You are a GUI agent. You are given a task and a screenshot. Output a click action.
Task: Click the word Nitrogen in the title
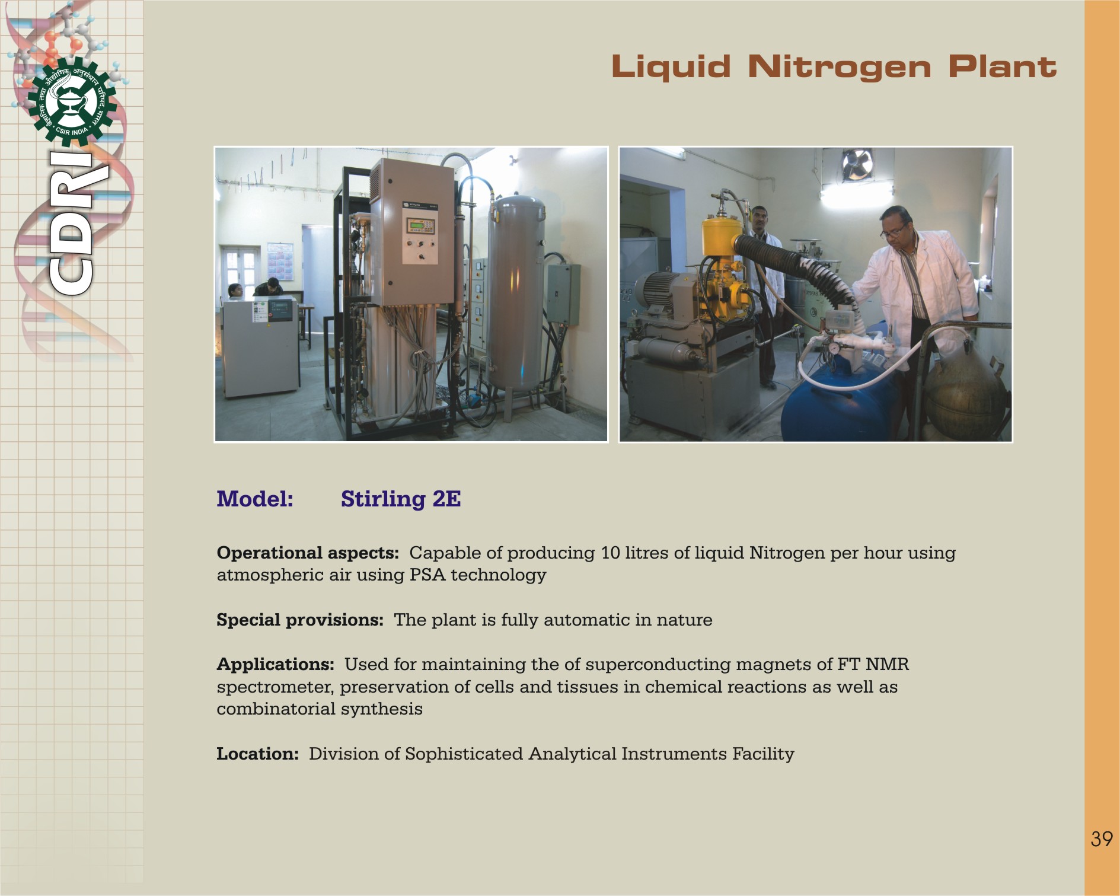[x=839, y=67]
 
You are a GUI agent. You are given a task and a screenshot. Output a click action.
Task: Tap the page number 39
[x=1101, y=838]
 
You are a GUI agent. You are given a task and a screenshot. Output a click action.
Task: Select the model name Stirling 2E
[x=401, y=499]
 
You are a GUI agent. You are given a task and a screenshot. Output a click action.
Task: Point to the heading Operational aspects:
[x=308, y=553]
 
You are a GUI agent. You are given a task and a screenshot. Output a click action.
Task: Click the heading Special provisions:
[x=300, y=620]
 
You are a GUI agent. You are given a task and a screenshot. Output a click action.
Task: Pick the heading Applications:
[x=276, y=664]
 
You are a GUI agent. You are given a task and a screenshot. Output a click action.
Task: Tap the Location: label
[x=258, y=754]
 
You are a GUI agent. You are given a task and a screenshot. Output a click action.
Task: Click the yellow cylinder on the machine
[x=722, y=237]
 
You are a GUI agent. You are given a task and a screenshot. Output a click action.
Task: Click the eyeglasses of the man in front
[x=893, y=230]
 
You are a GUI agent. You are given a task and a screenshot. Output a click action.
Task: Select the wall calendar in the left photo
[x=280, y=261]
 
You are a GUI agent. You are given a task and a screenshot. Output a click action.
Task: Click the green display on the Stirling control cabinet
[x=414, y=225]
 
